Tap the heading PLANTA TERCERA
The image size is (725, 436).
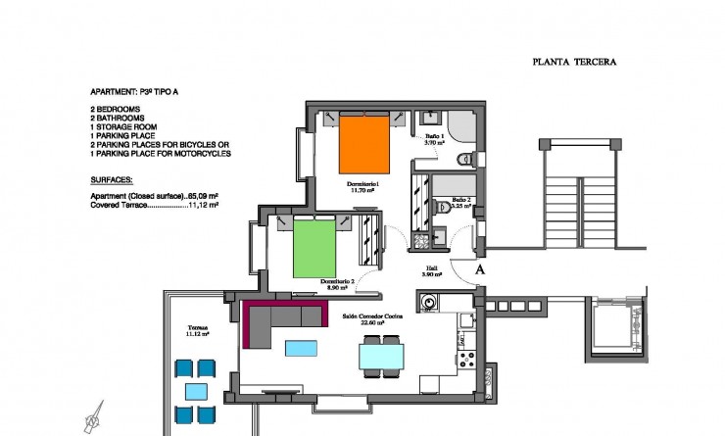[573, 61]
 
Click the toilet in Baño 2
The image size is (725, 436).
[441, 209]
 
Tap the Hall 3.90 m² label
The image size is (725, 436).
[432, 272]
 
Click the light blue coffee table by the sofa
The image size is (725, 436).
[301, 347]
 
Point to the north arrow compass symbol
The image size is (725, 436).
[94, 418]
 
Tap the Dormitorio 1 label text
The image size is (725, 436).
[362, 184]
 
